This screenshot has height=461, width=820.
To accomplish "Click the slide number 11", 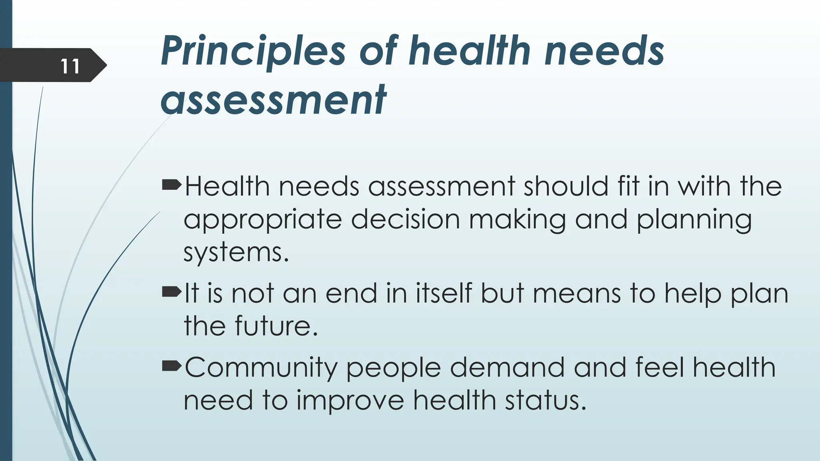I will pos(70,66).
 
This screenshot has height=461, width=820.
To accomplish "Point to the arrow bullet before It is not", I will pos(172,293).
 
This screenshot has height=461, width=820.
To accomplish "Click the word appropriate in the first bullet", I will pos(263,220).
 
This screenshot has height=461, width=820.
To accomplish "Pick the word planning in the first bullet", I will pos(694,220).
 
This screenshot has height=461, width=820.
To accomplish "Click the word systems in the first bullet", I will pos(236,253).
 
